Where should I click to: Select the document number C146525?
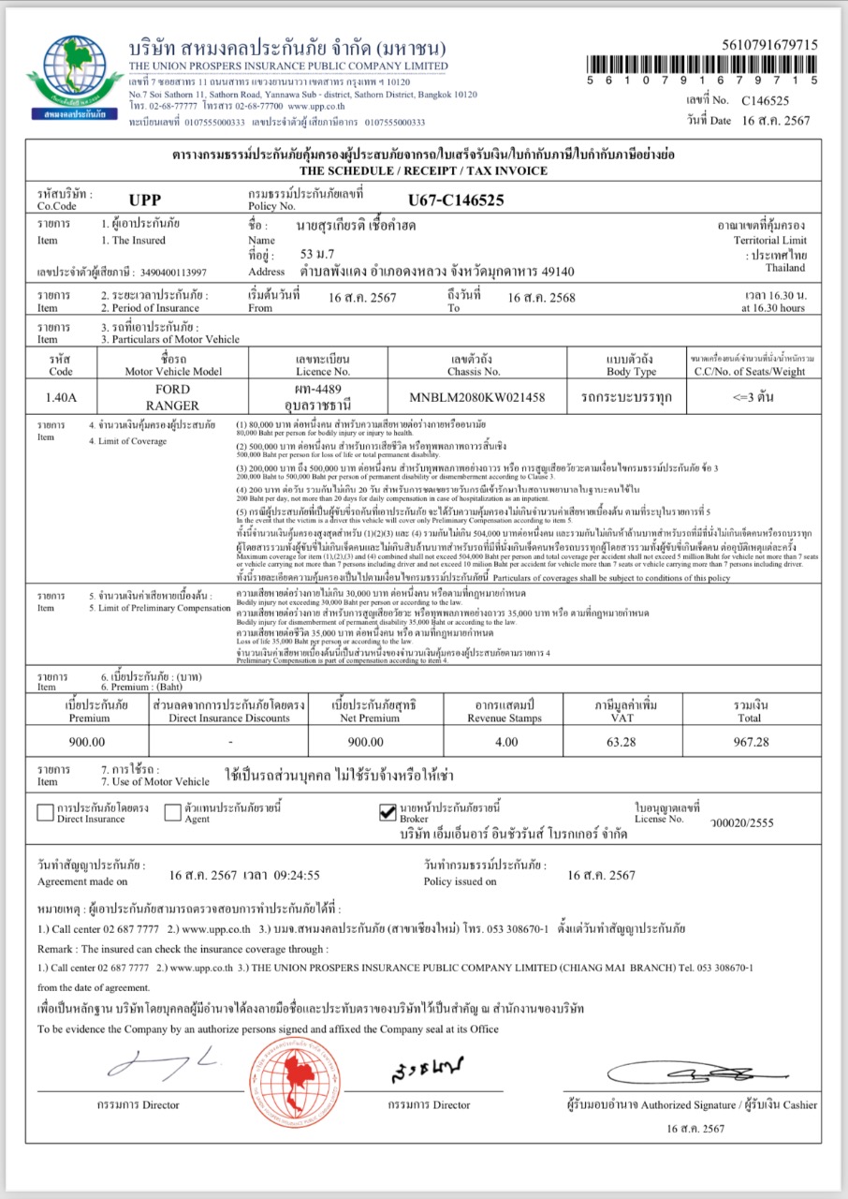[766, 100]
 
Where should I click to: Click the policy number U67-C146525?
[456, 200]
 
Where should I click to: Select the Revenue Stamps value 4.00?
[505, 741]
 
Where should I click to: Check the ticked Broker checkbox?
[387, 812]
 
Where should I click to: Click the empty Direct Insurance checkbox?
[45, 812]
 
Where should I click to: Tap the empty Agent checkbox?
[172, 812]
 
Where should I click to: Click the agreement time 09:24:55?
[295, 875]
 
